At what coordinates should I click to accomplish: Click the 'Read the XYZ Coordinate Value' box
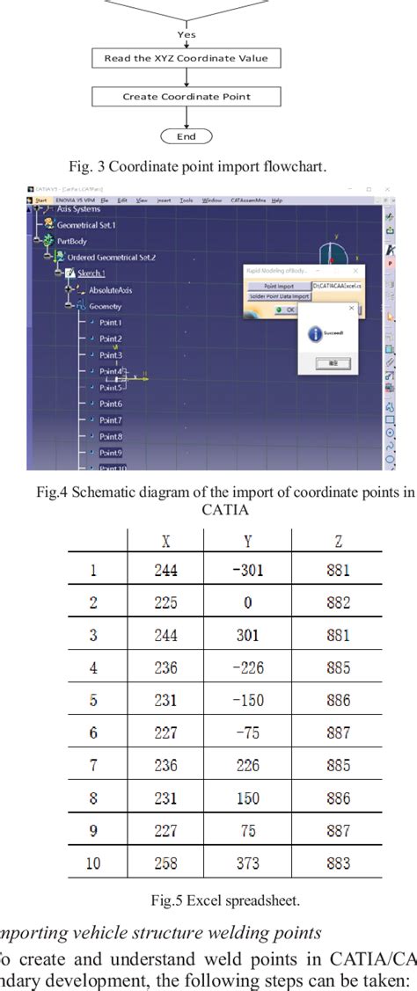186,59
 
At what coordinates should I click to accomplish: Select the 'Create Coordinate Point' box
186,97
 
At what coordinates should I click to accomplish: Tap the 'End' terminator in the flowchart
186,136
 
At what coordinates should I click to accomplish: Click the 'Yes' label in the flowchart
187,34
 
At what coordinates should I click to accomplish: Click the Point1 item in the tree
110,323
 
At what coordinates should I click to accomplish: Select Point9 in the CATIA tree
110,453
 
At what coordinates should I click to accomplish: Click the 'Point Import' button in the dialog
279,286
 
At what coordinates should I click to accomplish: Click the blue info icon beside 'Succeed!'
316,334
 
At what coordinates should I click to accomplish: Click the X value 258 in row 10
165,863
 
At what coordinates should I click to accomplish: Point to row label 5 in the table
93,701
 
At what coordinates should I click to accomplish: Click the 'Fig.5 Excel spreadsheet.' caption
208,900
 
